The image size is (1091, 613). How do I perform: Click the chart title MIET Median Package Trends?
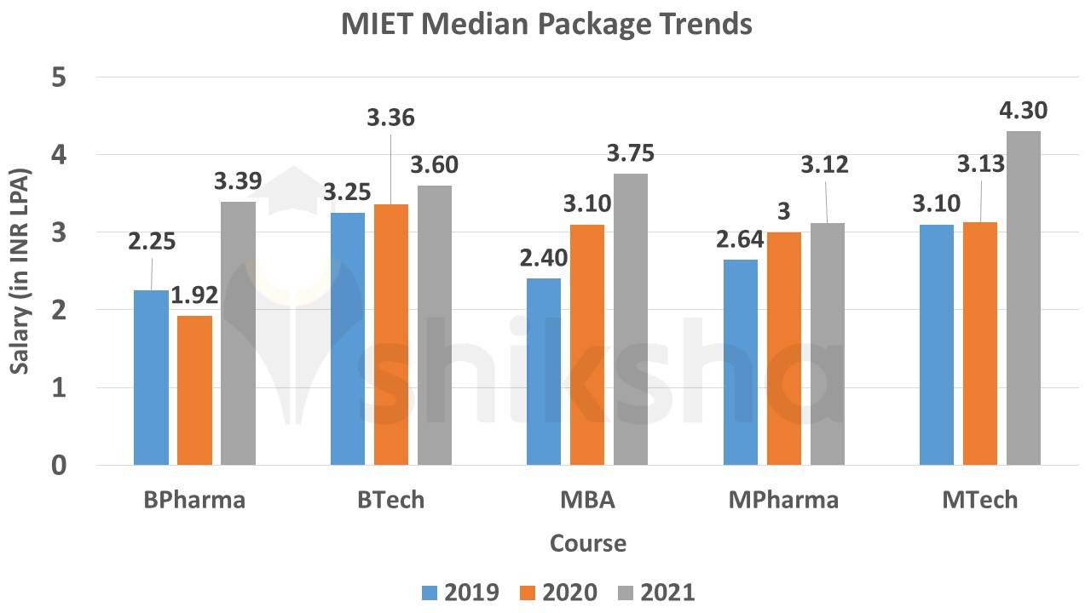[546, 24]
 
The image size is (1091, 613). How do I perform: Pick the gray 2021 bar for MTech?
[1024, 298]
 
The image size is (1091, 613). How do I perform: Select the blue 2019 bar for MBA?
[544, 371]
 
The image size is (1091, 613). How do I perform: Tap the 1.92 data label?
[195, 295]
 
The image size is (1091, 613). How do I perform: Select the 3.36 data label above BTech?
[390, 117]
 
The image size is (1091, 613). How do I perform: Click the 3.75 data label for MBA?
[630, 153]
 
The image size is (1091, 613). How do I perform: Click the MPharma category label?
[783, 500]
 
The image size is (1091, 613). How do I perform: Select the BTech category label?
[390, 500]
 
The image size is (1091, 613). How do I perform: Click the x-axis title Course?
[588, 543]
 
